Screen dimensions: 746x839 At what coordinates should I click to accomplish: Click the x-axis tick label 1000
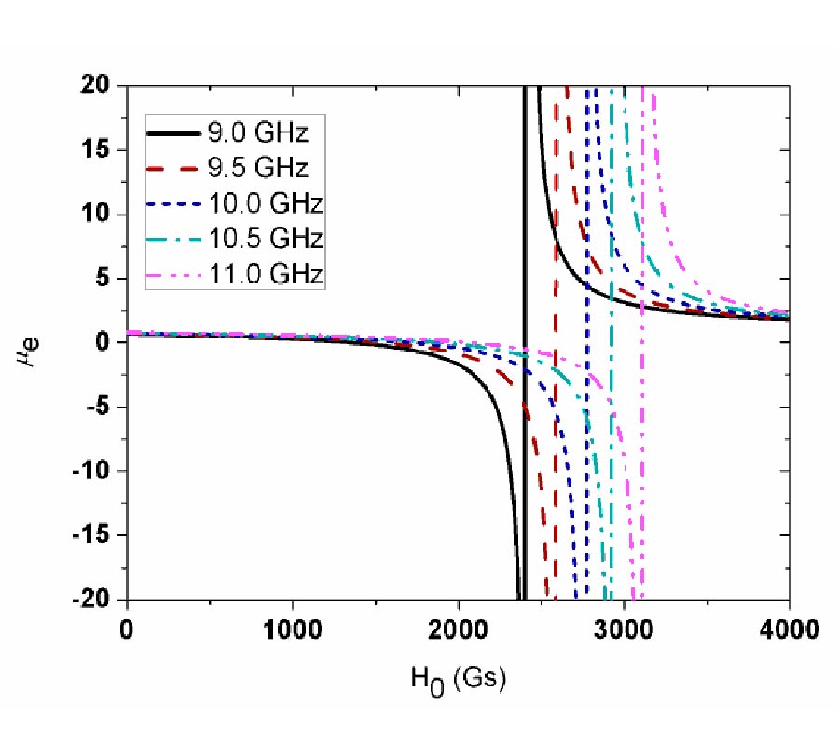coord(293,629)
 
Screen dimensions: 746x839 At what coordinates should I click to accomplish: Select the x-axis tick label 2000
coord(459,629)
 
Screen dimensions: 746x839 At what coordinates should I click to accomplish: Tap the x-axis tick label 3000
coord(625,629)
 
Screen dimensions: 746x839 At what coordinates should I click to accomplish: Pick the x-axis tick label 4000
coord(789,629)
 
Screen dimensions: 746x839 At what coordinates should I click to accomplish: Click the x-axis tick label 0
coord(128,629)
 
